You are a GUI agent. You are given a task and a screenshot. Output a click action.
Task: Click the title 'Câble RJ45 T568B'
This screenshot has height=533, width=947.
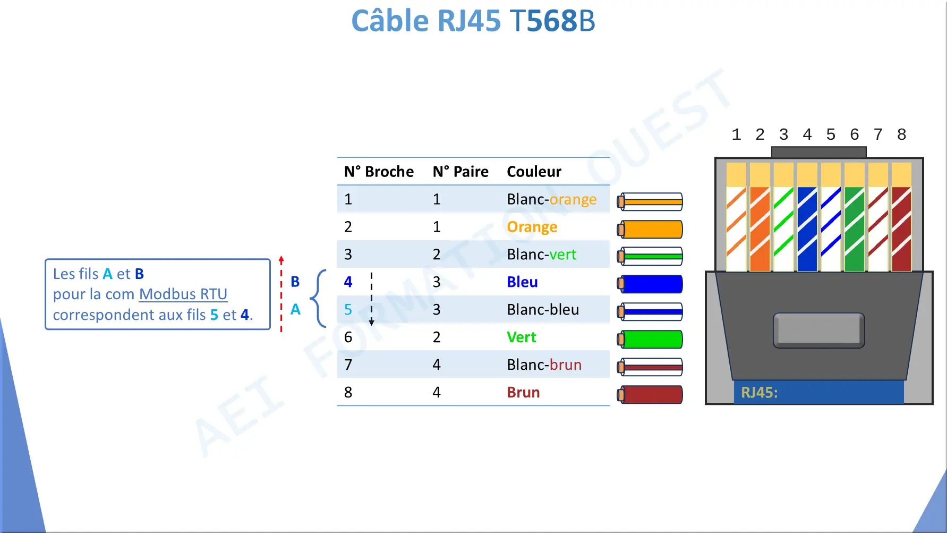tap(473, 21)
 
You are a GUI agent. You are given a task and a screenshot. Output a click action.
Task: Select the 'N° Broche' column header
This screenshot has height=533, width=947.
tap(379, 172)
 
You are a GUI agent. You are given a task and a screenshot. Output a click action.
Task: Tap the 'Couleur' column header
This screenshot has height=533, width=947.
tap(534, 172)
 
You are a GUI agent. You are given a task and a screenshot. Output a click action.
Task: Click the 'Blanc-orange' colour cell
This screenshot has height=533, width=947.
tap(551, 199)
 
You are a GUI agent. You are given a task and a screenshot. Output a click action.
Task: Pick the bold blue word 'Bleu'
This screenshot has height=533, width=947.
tap(522, 282)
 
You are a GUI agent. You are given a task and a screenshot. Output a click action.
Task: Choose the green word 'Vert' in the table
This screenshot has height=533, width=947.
tap(522, 337)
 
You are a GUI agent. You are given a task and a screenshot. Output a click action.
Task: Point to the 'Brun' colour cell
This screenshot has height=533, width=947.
tap(523, 393)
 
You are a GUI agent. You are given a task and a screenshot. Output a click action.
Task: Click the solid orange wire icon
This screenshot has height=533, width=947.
tap(650, 230)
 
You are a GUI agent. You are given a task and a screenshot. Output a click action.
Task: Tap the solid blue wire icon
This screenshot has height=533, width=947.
tap(650, 284)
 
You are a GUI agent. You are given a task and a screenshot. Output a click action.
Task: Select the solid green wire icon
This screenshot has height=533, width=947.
tap(650, 340)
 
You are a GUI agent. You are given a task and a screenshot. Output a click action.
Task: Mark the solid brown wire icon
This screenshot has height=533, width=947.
tap(650, 395)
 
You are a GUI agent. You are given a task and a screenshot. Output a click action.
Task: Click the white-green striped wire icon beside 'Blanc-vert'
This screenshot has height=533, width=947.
tap(650, 257)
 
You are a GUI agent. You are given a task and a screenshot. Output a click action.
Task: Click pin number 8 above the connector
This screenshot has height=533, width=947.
tap(901, 134)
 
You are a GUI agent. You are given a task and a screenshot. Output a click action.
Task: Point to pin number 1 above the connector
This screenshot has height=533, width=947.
tap(736, 134)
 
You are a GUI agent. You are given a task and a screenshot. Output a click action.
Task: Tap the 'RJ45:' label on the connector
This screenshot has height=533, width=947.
tap(759, 393)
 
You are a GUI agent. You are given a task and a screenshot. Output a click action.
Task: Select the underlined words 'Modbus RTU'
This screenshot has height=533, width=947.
tap(183, 294)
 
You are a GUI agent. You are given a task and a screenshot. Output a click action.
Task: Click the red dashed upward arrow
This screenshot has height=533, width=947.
tap(281, 294)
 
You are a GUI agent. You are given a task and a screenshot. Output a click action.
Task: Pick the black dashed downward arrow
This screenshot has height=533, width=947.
tap(372, 299)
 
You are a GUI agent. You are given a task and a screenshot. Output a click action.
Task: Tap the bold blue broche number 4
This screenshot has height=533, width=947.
tap(348, 282)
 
